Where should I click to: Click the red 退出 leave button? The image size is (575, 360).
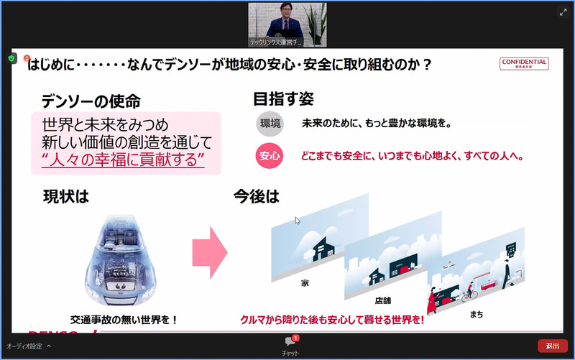pyautogui.click(x=552, y=346)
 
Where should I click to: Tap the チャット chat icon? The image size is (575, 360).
pyautogui.click(x=290, y=342)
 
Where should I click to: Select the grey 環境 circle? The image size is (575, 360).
pyautogui.click(x=270, y=124)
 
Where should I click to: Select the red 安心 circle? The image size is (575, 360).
pyautogui.click(x=270, y=155)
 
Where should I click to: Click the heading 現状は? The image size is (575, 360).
pyautogui.click(x=66, y=196)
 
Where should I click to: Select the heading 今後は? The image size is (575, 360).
pyautogui.click(x=256, y=196)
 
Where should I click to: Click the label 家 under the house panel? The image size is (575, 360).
pyautogui.click(x=305, y=283)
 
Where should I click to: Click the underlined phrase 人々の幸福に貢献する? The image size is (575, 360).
pyautogui.click(x=124, y=159)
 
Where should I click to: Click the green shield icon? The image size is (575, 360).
pyautogui.click(x=12, y=58)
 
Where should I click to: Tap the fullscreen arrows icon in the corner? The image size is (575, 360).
pyautogui.click(x=563, y=12)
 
